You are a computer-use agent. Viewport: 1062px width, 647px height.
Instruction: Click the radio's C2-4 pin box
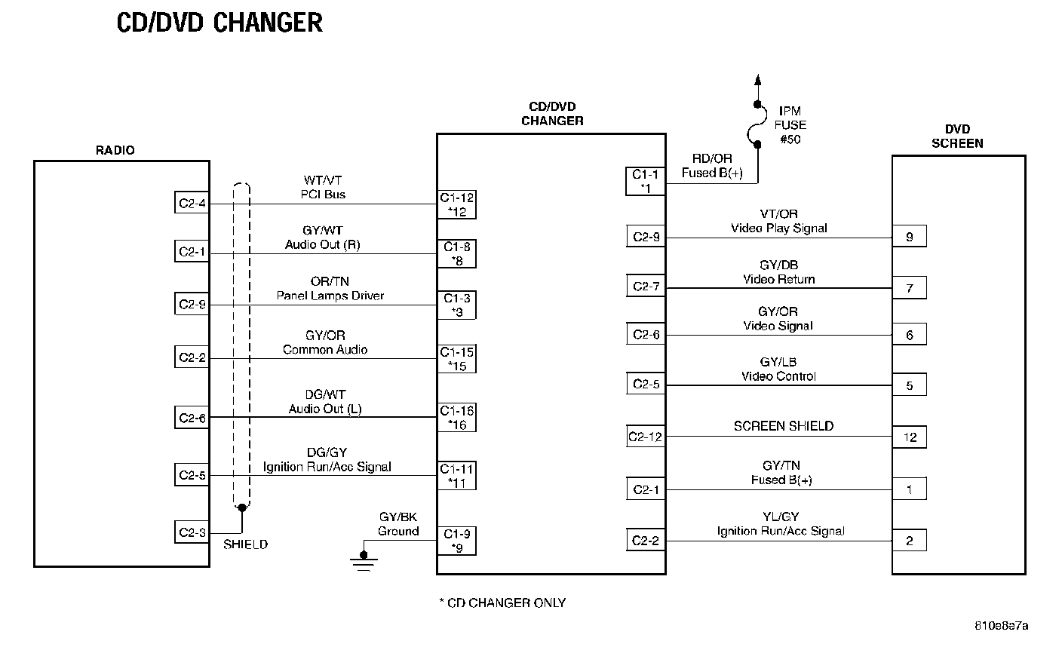coord(192,204)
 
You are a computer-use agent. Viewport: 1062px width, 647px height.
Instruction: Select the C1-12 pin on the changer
coord(457,204)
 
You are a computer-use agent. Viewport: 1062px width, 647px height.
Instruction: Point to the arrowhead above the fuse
coord(759,80)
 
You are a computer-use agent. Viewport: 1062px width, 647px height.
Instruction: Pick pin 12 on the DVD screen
coord(910,437)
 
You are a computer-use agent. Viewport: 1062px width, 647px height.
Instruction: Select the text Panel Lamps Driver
coord(330,296)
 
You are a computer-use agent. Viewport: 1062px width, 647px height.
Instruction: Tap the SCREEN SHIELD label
coord(783,426)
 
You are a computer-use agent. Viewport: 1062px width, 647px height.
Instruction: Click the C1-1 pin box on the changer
coord(645,181)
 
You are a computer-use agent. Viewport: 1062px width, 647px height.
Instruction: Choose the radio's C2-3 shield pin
coord(192,532)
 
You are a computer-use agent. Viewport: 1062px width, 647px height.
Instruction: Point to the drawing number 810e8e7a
coord(1002,626)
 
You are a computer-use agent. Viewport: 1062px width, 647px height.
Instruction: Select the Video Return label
coord(779,279)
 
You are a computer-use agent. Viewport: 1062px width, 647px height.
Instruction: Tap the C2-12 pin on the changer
coord(645,437)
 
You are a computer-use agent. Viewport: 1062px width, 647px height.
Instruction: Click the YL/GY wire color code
coord(781,517)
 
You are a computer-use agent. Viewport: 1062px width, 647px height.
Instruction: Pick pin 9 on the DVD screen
coord(910,237)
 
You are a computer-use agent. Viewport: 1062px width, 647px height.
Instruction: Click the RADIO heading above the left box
coord(115,150)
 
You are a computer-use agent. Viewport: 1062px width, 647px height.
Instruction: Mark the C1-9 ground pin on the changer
coord(457,541)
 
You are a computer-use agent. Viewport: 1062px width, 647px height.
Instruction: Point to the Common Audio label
coord(325,349)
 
